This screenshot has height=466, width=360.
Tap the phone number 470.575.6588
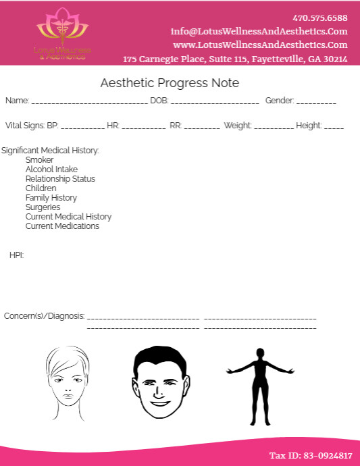(x=320, y=18)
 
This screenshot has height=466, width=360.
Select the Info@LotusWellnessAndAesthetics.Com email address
(x=259, y=31)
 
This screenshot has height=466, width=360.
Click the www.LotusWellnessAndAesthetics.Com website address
(x=260, y=45)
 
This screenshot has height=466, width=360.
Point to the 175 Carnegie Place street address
(x=235, y=59)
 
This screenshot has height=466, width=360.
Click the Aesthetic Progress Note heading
(x=170, y=83)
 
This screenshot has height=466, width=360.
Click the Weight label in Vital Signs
(x=237, y=126)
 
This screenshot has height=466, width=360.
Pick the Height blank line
(x=334, y=127)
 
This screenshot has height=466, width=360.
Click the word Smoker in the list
(x=39, y=160)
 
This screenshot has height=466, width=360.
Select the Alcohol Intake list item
(x=51, y=170)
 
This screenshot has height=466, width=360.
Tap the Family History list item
(x=51, y=198)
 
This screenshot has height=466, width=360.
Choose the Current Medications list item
(x=62, y=226)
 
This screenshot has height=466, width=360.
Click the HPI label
(x=16, y=255)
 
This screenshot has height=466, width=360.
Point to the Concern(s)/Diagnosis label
(x=44, y=316)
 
